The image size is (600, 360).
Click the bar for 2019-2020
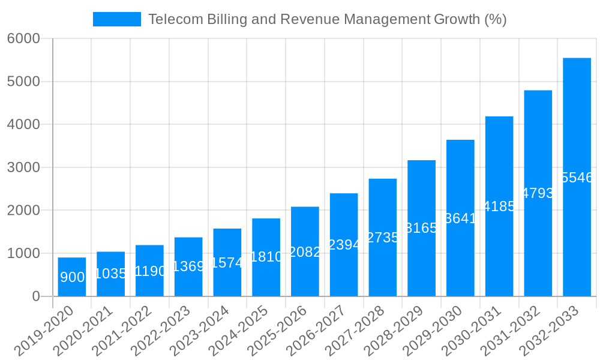click(72, 277)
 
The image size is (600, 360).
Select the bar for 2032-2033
click(577, 177)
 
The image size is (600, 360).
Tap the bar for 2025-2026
click(305, 251)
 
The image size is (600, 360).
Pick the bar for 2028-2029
click(421, 228)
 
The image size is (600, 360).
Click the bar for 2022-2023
click(188, 267)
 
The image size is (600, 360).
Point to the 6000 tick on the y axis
click(23, 38)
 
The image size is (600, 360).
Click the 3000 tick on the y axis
click(23, 167)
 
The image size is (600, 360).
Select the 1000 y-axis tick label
click(23, 253)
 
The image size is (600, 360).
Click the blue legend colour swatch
click(116, 19)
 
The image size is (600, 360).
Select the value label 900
click(72, 277)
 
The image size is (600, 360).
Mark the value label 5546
click(577, 178)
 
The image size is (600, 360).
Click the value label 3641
click(460, 218)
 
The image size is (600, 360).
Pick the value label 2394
click(344, 245)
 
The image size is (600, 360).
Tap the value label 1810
click(266, 257)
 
